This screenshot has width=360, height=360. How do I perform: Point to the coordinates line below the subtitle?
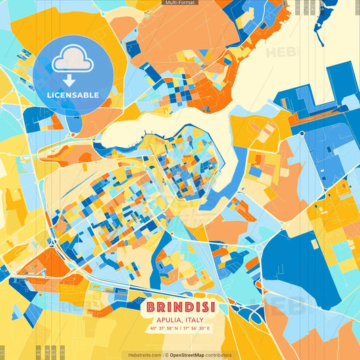180,328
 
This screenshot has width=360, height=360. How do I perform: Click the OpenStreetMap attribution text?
191,355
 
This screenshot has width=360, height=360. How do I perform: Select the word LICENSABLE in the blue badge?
72,94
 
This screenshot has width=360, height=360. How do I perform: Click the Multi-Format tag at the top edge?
180,3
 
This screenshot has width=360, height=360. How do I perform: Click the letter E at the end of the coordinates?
209,328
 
